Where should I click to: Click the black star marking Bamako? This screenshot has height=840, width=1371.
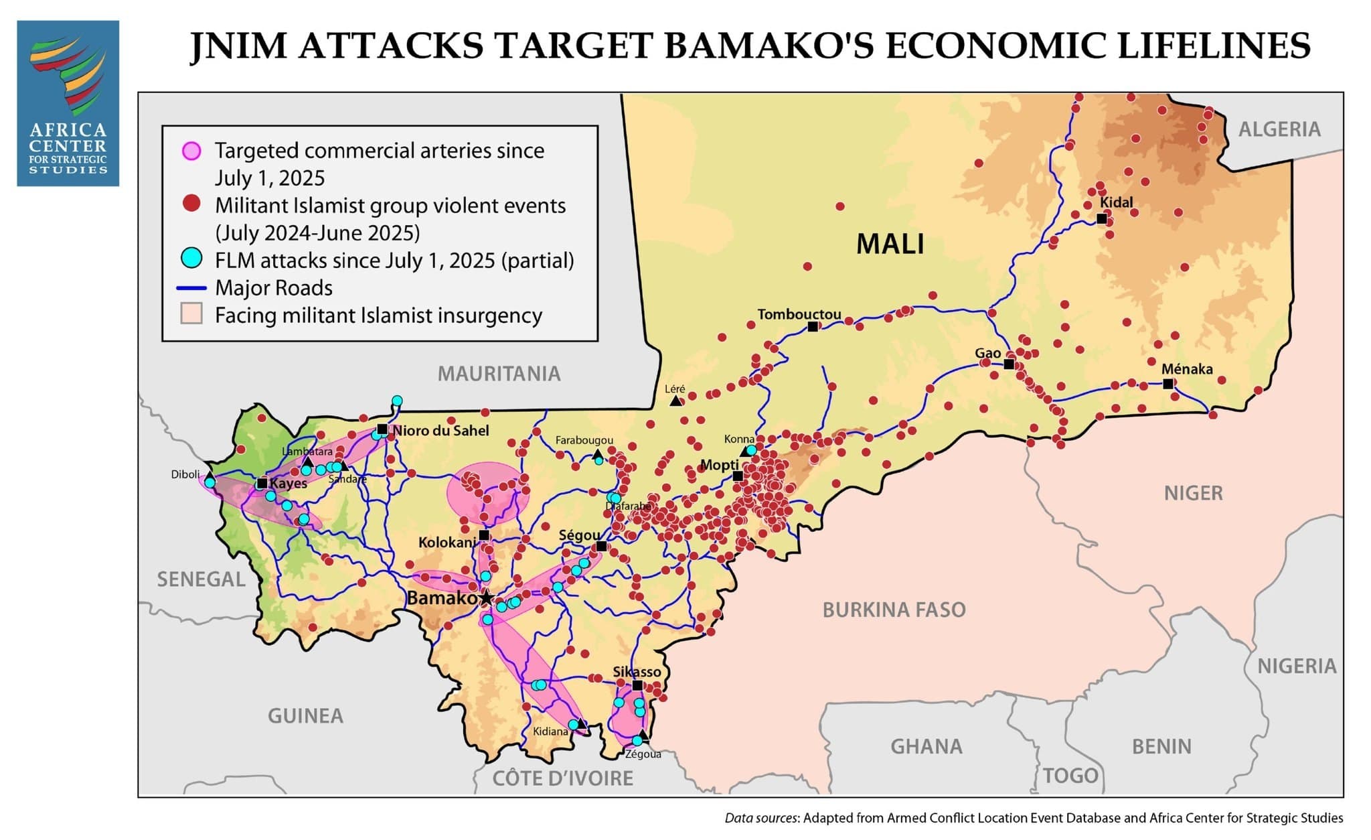(486, 598)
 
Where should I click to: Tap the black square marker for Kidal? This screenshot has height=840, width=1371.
(1101, 218)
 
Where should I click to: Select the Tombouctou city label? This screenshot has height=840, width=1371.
(799, 314)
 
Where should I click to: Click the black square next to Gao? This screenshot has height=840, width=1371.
(1009, 364)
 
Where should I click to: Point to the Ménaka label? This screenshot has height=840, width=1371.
(1186, 369)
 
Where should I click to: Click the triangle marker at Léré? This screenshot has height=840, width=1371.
(675, 401)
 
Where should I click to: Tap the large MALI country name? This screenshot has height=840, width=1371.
(890, 244)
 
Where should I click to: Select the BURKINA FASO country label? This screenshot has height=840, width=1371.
(894, 610)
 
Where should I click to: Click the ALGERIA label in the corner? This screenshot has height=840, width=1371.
(1279, 129)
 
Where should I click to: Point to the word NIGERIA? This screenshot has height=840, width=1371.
(1296, 666)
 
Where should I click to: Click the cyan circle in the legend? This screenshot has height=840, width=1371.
(192, 258)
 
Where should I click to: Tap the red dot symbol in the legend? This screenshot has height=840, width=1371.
(192, 204)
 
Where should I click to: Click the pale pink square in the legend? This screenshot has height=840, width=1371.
(191, 314)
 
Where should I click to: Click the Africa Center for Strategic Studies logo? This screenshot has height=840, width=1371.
(68, 102)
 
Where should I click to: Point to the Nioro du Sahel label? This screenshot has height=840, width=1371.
(440, 431)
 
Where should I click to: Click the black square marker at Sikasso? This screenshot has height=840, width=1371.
(637, 685)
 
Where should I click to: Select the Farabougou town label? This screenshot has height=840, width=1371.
(584, 440)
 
